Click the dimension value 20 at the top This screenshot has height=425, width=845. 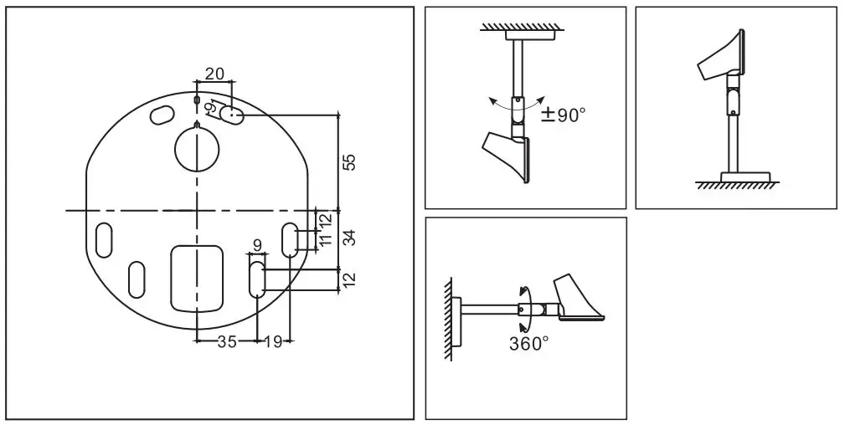point(214,74)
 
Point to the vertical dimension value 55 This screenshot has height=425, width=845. point(350,162)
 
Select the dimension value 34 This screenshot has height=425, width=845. point(350,238)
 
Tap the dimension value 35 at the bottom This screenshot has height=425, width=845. point(226,341)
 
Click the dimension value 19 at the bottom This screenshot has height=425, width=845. point(272,341)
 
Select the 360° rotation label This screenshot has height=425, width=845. point(529,343)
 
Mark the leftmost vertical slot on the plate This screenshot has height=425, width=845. point(105,239)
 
